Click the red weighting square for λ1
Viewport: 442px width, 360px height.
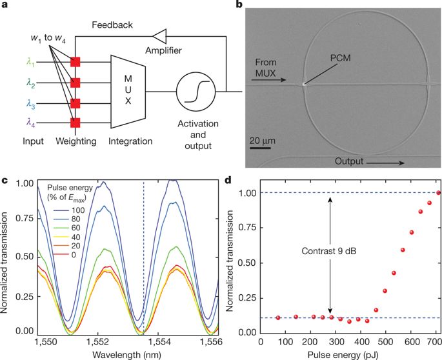pyautogui.click(x=75, y=62)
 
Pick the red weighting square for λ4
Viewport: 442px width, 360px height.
pyautogui.click(x=75, y=121)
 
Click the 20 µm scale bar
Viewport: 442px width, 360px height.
pyautogui.click(x=260, y=148)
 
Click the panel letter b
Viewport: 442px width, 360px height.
pyautogui.click(x=239, y=7)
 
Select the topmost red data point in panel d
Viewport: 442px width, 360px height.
pyautogui.click(x=439, y=193)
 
